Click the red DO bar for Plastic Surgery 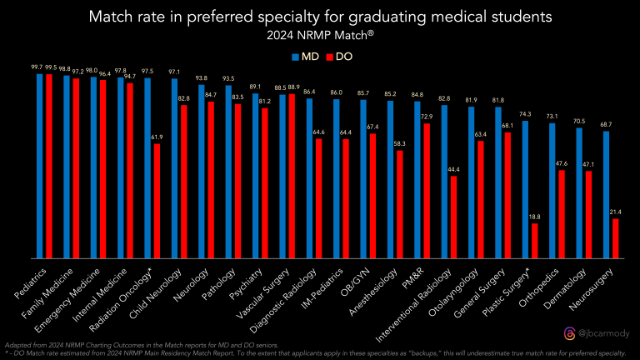[534, 240]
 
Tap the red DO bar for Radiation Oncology [157, 201]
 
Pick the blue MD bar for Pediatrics [40, 166]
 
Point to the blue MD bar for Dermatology [579, 192]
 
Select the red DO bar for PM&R [427, 190]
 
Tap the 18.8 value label [534, 217]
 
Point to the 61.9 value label [157, 137]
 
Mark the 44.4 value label [453, 170]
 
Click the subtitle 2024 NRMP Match [319, 36]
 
